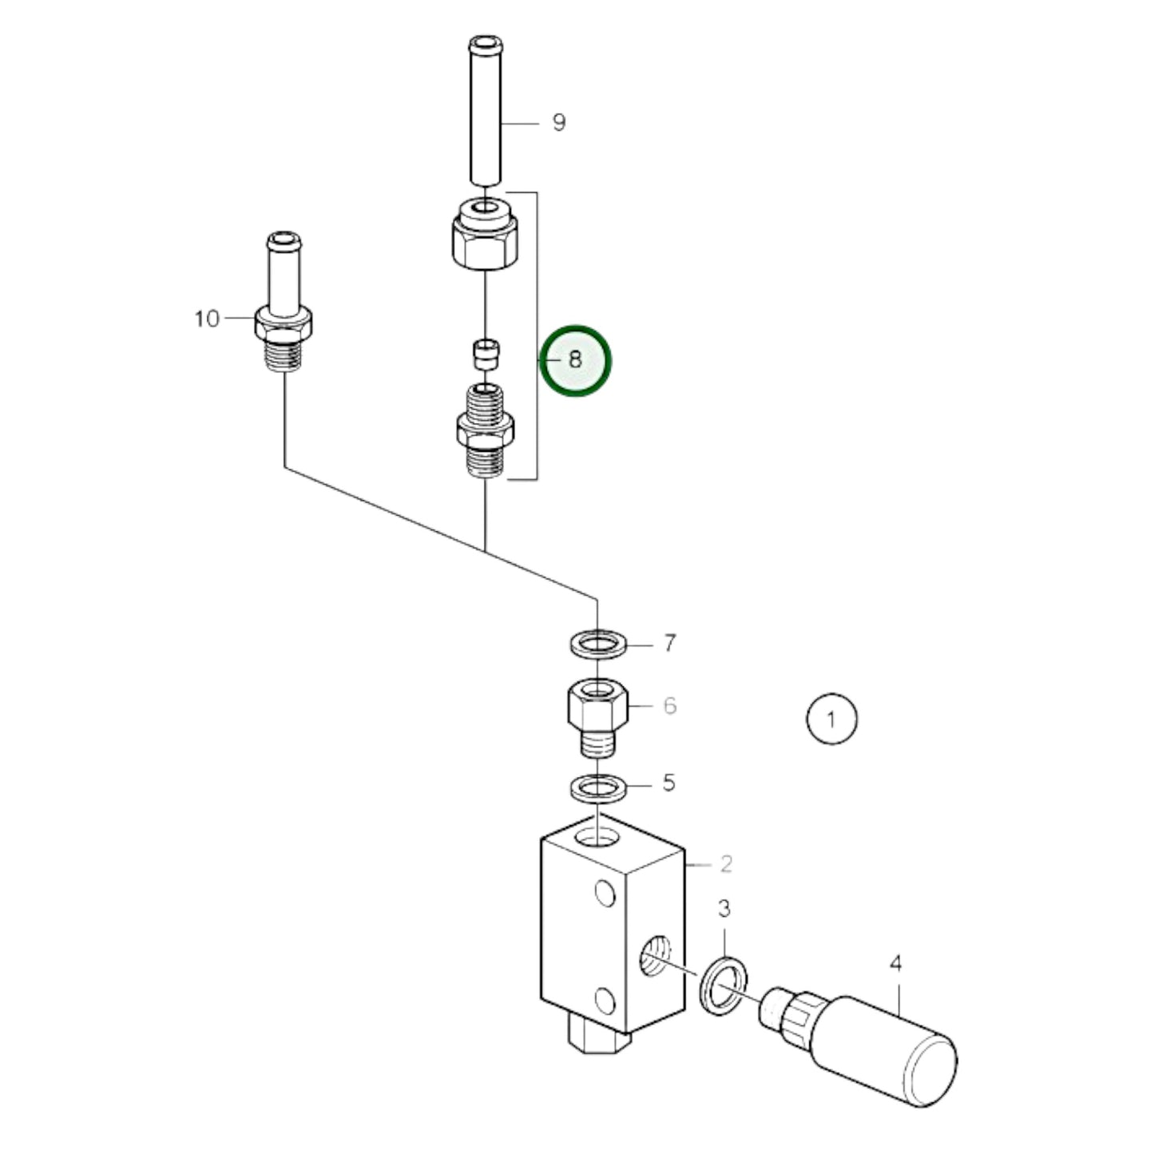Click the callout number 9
[x=559, y=123]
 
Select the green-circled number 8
[x=576, y=360]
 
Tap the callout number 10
[x=207, y=319]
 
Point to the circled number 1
[x=831, y=720]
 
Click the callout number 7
[x=670, y=643]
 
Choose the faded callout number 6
[x=669, y=706]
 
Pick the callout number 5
[x=669, y=783]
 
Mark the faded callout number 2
[x=725, y=863]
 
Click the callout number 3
[x=724, y=908]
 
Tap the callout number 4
[x=896, y=964]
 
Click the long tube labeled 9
[x=486, y=112]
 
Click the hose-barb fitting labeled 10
[x=284, y=311]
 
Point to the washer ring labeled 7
[x=598, y=644]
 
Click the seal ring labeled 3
[x=724, y=985]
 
